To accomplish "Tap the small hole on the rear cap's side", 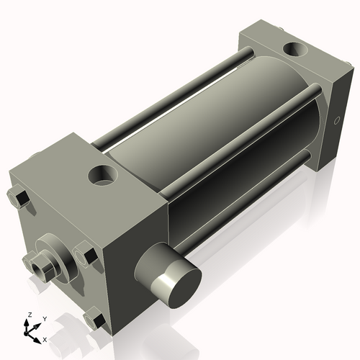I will [x=337, y=120].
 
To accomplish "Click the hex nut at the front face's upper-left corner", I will [x=19, y=197].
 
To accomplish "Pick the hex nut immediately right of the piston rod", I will [x=85, y=254].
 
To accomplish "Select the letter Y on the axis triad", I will [x=44, y=318].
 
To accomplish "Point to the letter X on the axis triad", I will [x=45, y=338].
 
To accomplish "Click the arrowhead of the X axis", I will [x=37, y=336].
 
